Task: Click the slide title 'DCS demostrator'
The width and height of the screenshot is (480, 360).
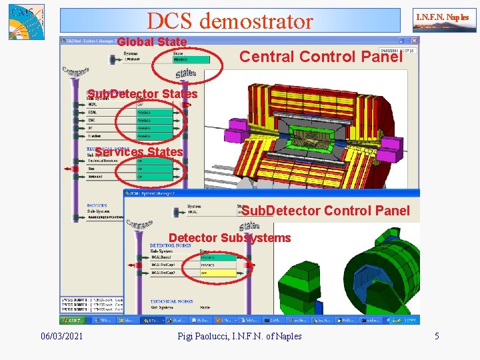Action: [x=229, y=21]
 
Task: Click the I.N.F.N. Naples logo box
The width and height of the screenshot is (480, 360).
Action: [x=442, y=20]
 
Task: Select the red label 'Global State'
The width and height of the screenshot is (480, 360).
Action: [x=152, y=42]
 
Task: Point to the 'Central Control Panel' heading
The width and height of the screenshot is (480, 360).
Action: [x=321, y=57]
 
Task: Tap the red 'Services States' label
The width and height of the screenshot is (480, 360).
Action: [x=139, y=152]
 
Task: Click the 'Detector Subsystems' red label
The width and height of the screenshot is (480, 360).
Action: [x=229, y=238]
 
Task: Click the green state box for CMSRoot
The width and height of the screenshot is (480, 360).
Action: [x=191, y=60]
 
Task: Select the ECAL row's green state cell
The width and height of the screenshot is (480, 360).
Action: [x=153, y=113]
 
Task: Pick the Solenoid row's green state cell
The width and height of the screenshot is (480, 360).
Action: [x=153, y=177]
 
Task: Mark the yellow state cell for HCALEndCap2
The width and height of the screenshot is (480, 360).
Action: [x=217, y=273]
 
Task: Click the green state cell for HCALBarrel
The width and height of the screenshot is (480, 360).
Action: [x=217, y=257]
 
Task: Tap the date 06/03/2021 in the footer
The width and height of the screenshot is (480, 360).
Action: [x=61, y=336]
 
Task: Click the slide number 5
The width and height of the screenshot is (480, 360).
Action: [x=437, y=336]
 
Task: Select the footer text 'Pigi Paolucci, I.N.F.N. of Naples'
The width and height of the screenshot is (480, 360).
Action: [x=239, y=336]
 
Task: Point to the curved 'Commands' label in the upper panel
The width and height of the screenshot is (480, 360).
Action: [x=78, y=72]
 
